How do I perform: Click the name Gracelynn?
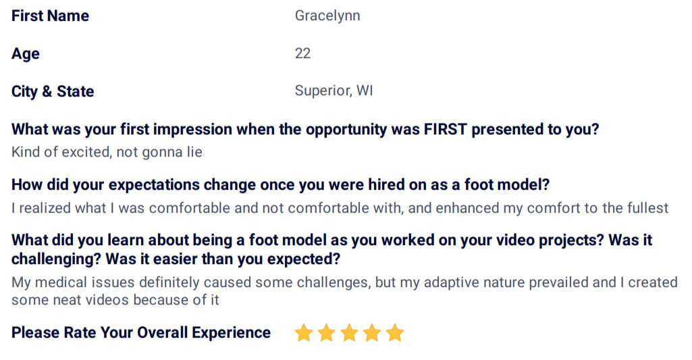[327, 16]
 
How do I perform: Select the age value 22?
[302, 53]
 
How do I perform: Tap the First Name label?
[51, 16]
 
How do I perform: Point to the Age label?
[26, 54]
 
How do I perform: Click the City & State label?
[53, 91]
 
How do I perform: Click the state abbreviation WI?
[365, 91]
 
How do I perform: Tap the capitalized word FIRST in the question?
[446, 130]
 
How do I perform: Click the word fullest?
[645, 208]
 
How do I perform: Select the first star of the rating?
[304, 332]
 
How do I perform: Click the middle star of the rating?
[349, 332]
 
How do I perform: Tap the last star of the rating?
[394, 332]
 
